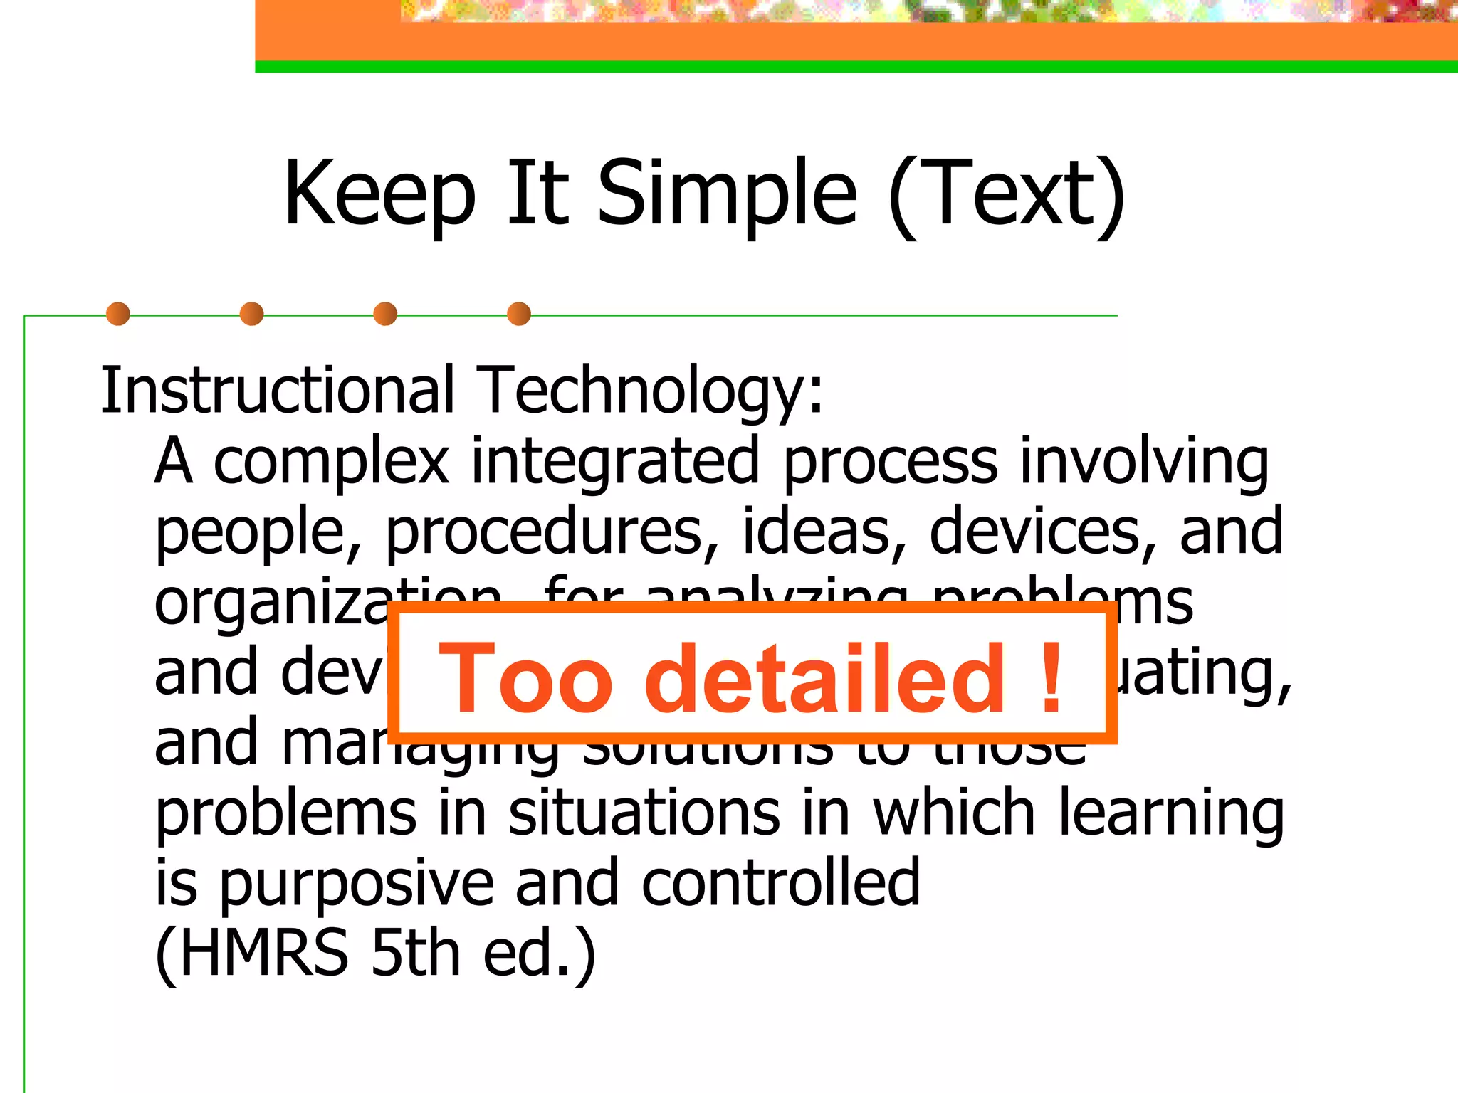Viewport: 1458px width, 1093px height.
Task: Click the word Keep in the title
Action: (x=379, y=194)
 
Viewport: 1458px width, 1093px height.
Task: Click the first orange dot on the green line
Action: (x=118, y=314)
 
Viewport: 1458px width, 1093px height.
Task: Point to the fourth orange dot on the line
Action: (x=519, y=314)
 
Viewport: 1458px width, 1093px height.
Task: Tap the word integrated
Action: (x=615, y=463)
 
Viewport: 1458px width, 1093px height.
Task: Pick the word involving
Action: (x=1144, y=463)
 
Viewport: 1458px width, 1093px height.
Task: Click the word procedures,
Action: (x=552, y=532)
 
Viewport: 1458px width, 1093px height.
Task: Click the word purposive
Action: (x=357, y=885)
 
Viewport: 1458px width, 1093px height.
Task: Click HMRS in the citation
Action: (x=263, y=954)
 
